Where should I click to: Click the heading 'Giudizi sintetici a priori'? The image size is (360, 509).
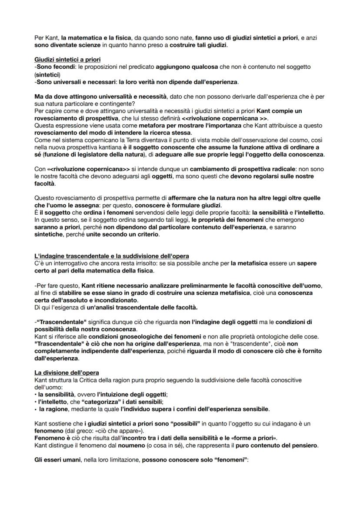tap(63, 59)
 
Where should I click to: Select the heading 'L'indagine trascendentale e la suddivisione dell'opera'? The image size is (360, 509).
tap(111, 256)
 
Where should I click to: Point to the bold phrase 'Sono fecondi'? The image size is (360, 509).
tap(52, 67)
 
